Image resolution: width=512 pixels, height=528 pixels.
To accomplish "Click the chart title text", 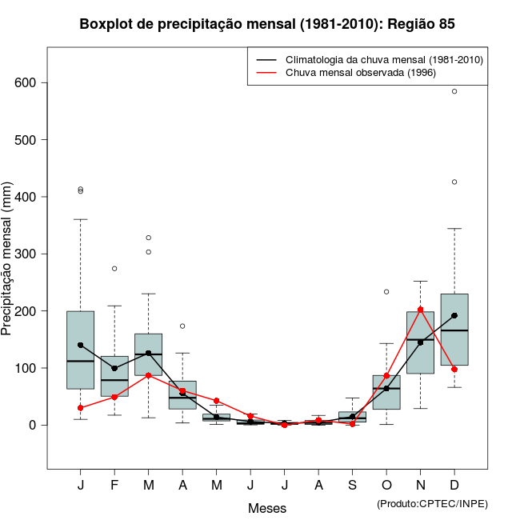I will pos(267,24).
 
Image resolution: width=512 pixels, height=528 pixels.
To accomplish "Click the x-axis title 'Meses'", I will pos(267,508).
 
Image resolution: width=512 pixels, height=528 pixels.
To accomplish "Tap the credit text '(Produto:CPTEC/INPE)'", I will pos(432,503).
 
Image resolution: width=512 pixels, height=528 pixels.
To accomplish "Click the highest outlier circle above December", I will pos(454,91).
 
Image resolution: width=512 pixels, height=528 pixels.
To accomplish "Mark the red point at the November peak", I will pos(421,310).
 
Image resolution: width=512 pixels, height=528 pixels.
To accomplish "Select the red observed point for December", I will pos(454,370).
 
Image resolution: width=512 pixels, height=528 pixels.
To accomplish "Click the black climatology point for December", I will pos(454,315).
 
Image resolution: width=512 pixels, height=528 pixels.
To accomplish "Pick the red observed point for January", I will pos(80,408).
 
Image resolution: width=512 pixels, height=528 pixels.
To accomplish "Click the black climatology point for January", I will pos(80,345).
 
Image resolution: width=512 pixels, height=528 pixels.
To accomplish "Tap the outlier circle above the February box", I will pos(114,269).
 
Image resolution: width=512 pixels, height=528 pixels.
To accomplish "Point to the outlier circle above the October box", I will pos(386,292).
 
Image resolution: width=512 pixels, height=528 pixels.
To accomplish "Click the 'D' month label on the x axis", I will pos(454,486).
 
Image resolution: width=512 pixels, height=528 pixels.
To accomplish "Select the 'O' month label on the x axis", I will pos(386,486).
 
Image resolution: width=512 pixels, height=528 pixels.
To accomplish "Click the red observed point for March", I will pos(148,375).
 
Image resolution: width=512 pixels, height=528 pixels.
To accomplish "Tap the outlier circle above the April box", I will pos(182,326).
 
